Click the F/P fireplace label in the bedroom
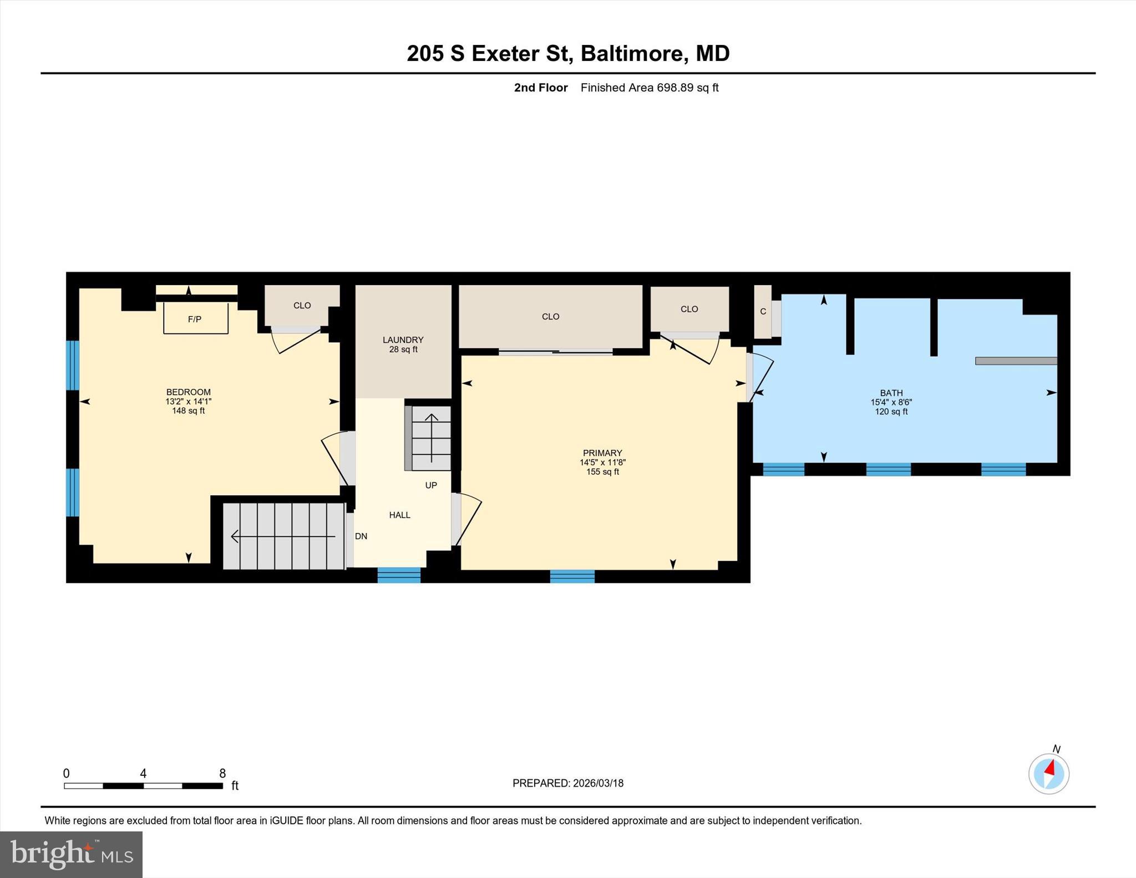(195, 319)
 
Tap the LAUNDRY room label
(403, 340)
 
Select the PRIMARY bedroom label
(602, 453)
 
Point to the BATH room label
(891, 393)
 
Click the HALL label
(399, 515)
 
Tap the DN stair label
(361, 536)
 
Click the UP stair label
(431, 485)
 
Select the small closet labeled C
(763, 312)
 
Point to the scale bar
(143, 786)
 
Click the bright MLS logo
(71, 854)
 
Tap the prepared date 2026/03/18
(599, 783)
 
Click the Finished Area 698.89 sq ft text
(650, 88)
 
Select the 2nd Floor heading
(541, 88)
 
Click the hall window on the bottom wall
(399, 575)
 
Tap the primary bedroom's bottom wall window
(572, 576)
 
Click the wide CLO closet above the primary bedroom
(551, 317)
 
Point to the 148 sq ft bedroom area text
(189, 411)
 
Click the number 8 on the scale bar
(222, 773)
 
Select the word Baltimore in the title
(632, 53)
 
